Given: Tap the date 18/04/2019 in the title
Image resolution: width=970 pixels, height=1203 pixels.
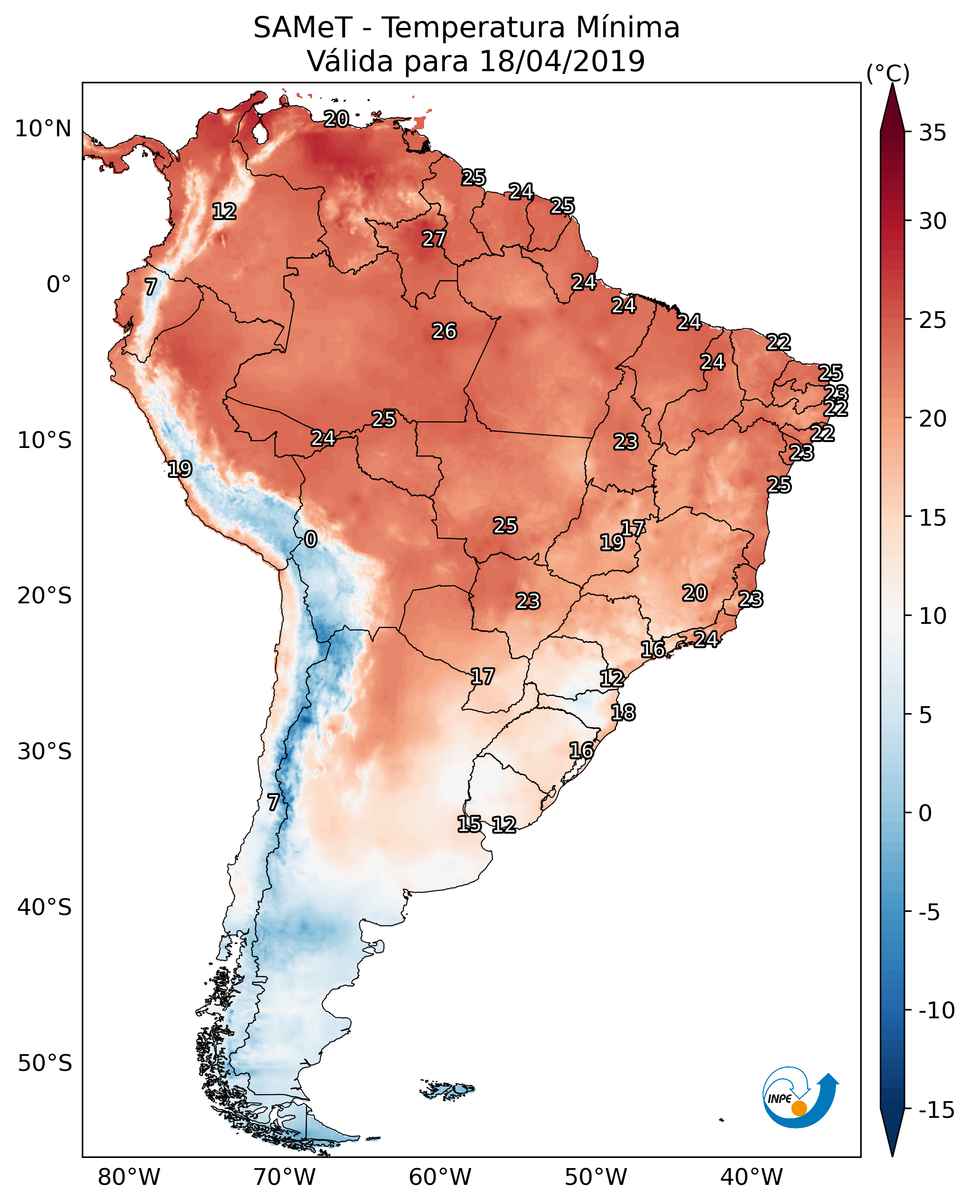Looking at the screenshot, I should [562, 61].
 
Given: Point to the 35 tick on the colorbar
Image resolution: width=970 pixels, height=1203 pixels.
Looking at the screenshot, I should [932, 133].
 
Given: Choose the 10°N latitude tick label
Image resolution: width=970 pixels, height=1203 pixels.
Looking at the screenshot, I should [43, 129].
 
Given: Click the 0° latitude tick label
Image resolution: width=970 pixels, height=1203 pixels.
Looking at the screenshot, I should [59, 285].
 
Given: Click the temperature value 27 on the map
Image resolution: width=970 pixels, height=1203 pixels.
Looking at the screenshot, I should [433, 239].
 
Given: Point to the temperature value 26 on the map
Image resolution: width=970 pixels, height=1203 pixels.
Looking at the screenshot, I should [444, 332].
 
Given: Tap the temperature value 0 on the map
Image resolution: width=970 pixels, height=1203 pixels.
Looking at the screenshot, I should [311, 540].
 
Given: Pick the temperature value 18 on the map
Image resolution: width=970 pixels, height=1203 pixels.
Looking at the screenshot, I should [623, 713].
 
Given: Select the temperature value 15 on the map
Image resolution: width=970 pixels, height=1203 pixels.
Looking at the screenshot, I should [469, 824].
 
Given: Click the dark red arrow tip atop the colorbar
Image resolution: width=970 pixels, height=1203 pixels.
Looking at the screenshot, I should [892, 106].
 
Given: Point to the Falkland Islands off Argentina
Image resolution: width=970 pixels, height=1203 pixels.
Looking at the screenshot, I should [447, 1089].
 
